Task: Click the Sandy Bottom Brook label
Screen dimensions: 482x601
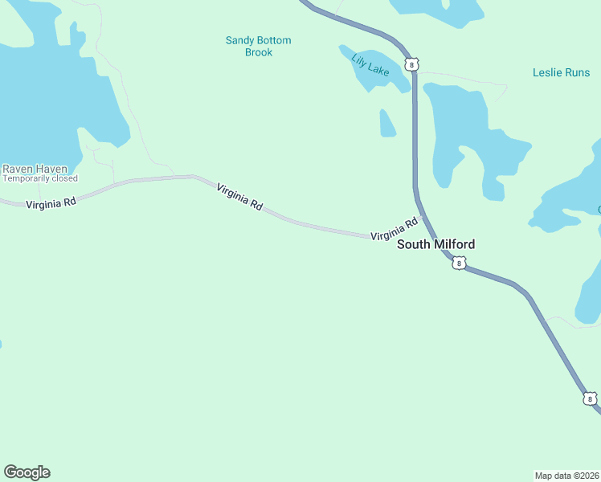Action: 258,46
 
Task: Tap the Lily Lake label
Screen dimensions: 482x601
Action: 370,64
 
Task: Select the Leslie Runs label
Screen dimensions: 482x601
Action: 561,72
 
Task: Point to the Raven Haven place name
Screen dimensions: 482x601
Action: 35,169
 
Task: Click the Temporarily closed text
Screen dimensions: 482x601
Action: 40,178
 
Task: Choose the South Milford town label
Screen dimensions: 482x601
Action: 436,244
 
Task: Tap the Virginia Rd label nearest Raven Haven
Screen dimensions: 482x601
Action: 51,204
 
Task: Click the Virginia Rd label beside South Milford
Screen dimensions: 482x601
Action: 395,229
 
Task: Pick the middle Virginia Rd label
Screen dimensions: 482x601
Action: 239,196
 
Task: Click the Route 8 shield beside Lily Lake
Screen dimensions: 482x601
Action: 412,64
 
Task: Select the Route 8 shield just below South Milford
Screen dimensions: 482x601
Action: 458,263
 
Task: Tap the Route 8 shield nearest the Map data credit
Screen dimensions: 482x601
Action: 591,398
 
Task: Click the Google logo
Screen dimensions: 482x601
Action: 27,472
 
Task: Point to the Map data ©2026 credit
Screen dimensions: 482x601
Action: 566,475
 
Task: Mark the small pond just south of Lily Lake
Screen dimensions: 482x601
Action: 386,124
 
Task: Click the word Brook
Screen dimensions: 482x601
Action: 259,52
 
